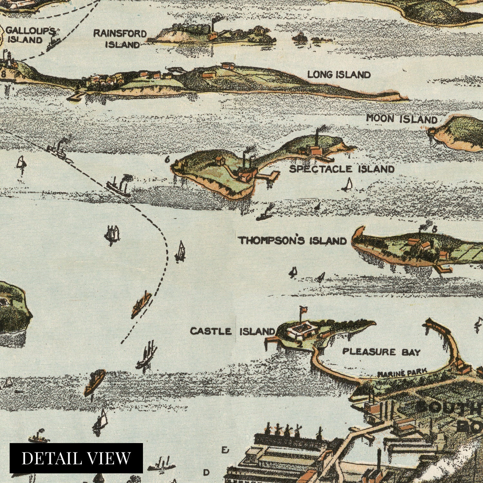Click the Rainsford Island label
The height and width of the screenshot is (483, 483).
point(120,39)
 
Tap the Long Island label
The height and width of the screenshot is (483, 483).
point(339,75)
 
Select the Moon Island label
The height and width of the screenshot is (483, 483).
point(401,119)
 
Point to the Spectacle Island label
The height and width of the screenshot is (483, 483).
point(342,169)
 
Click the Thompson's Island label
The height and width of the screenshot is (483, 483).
point(292,241)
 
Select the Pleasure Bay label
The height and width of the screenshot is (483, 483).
point(381,352)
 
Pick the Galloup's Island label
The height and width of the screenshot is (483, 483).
point(30,35)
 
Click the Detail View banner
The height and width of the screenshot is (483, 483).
point(76,458)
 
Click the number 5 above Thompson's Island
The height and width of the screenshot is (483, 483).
point(434,229)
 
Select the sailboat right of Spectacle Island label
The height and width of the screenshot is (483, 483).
point(348,185)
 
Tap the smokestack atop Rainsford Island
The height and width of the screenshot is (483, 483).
point(213,24)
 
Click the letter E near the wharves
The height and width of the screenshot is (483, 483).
point(225,450)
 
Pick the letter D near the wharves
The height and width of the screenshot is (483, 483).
point(206,472)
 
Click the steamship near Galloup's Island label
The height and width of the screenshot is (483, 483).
point(54,43)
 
